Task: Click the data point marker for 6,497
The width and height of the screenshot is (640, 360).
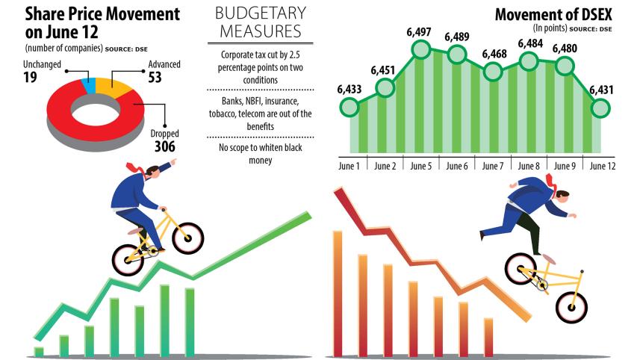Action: coord(420,50)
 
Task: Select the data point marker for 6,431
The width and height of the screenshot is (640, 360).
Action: coord(600,108)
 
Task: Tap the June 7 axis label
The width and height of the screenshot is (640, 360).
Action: coord(493,165)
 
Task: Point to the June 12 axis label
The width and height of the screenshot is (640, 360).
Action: coord(602,165)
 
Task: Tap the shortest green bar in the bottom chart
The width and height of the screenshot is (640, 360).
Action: coord(39,351)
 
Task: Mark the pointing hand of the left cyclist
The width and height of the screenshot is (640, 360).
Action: coord(172,161)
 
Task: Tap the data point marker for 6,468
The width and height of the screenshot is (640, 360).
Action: coord(492,71)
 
